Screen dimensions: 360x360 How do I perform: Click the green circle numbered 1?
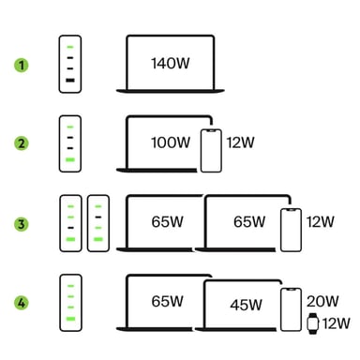click(20, 65)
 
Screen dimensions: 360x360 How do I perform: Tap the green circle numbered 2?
click(20, 144)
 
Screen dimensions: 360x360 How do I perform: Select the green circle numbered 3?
click(20, 223)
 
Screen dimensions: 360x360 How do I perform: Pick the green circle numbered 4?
click(20, 303)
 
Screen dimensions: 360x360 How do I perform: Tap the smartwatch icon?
click(313, 323)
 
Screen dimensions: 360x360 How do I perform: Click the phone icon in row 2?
click(211, 150)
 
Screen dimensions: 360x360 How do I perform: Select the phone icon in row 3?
click(291, 230)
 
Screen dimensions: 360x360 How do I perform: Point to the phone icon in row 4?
click(291, 308)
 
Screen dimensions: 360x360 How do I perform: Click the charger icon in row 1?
click(71, 65)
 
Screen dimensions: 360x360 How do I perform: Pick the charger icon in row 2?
click(71, 144)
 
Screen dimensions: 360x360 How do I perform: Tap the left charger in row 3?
click(71, 223)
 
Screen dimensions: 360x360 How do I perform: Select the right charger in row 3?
click(97, 223)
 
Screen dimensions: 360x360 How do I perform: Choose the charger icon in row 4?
click(71, 303)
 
